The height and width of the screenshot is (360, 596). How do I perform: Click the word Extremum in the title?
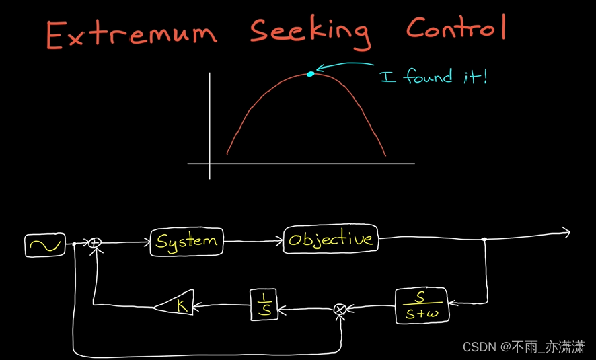[132, 35]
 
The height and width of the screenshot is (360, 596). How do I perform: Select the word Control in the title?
[455, 28]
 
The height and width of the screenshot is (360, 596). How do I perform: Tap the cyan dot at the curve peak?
[310, 74]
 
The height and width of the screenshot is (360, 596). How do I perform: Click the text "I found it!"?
[433, 77]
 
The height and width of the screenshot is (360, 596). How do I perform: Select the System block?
[186, 241]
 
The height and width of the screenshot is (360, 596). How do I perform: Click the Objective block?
[330, 240]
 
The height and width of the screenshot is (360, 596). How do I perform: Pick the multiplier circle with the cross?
[340, 309]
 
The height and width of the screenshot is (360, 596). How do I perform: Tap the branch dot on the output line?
[485, 239]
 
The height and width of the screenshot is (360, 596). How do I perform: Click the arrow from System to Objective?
[253, 241]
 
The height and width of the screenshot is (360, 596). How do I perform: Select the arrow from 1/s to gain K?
[222, 305]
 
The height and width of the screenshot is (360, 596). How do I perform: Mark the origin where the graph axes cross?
[211, 164]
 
